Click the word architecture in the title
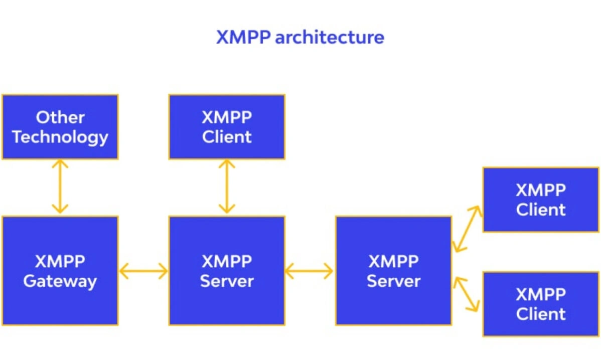pyautogui.click(x=330, y=38)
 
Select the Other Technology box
pyautogui.click(x=60, y=127)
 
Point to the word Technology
pyautogui.click(x=60, y=137)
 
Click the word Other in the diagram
pyautogui.click(x=60, y=117)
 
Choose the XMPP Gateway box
pyautogui.click(x=60, y=271)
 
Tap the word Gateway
pyautogui.click(x=60, y=281)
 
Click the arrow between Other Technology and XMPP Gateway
pyautogui.click(x=60, y=187)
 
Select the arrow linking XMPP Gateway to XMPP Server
pyautogui.click(x=143, y=271)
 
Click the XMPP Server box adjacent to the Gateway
pyautogui.click(x=227, y=271)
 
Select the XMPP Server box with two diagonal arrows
pyautogui.click(x=393, y=271)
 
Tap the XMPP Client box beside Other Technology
pyautogui.click(x=227, y=127)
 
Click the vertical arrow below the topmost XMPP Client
pyautogui.click(x=227, y=187)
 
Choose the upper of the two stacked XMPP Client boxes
pyautogui.click(x=541, y=200)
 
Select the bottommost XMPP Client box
pyautogui.click(x=541, y=304)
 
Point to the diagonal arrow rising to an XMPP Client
pyautogui.click(x=467, y=228)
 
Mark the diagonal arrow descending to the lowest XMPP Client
pyautogui.click(x=467, y=294)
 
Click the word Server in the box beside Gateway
pyautogui.click(x=227, y=281)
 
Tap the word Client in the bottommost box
pyautogui.click(x=541, y=314)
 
